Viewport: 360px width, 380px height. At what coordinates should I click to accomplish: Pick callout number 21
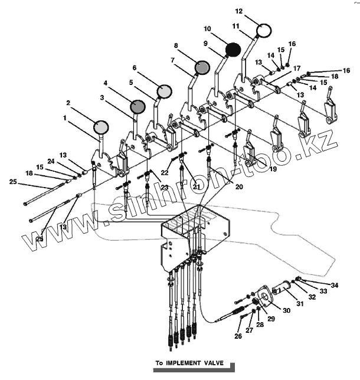click(197, 187)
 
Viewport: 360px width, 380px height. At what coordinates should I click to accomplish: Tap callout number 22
click(165, 173)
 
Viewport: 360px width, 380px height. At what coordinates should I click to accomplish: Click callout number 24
click(51, 161)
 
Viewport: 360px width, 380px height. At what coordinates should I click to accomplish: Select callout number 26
click(238, 337)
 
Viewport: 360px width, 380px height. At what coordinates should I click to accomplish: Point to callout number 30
click(286, 310)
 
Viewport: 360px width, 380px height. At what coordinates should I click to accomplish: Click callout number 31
click(299, 304)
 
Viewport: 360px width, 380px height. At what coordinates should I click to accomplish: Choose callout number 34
click(335, 285)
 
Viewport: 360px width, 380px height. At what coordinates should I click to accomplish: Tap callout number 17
click(297, 68)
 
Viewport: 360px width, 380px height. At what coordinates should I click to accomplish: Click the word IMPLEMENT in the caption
click(186, 363)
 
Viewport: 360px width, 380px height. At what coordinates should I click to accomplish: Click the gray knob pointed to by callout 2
click(102, 126)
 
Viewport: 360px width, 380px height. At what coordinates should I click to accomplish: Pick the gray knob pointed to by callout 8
click(202, 68)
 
